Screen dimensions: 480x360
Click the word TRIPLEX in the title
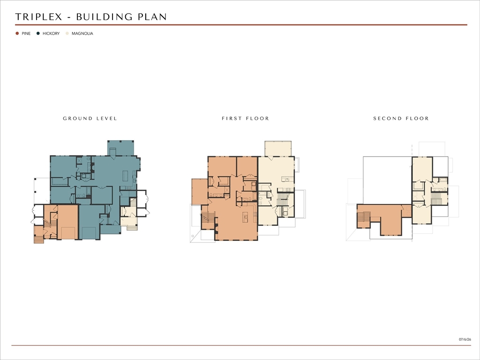[x=38, y=17]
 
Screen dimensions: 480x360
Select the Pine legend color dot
[x=17, y=33]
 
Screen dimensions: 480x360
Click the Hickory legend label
[x=51, y=33]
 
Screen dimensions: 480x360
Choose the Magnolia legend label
[x=82, y=33]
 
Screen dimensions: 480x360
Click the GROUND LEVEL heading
[x=90, y=119]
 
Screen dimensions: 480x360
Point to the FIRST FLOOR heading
[x=246, y=119]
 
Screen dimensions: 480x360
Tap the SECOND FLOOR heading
[x=401, y=119]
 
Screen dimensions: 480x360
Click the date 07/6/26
[x=465, y=339]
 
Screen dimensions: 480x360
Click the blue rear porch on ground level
[x=120, y=148]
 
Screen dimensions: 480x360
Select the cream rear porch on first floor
[x=278, y=149]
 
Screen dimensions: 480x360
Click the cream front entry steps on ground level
[x=132, y=228]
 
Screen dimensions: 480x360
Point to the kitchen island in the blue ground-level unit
[x=125, y=176]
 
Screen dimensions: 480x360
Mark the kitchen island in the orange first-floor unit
[x=246, y=217]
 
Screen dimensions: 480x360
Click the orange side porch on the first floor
[x=200, y=192]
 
